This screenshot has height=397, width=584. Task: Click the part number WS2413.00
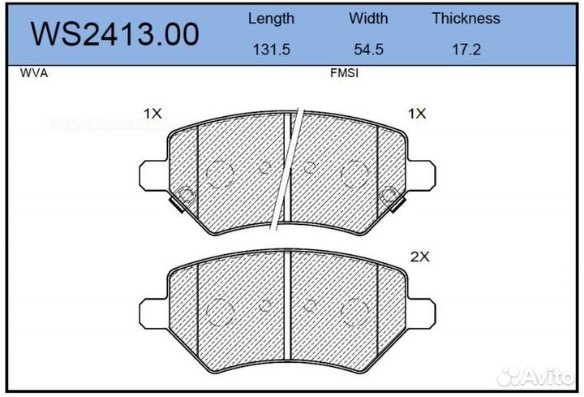pos(114,33)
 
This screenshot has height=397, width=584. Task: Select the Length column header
pos(271,18)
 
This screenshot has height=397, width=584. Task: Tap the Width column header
pos(368,18)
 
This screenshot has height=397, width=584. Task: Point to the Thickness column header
pos(466,18)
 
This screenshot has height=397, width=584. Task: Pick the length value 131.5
pos(271,49)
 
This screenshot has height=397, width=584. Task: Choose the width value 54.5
pos(368,49)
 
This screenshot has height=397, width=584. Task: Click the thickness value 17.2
pos(466,49)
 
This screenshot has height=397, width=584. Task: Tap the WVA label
pos(32,73)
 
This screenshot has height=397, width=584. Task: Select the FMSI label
pos(344,73)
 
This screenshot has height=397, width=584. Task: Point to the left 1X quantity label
pos(152,114)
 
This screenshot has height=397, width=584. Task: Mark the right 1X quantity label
pos(417,114)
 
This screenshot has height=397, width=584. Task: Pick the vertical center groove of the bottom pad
pos(289,304)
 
